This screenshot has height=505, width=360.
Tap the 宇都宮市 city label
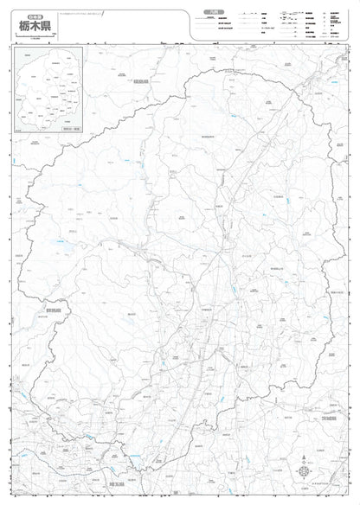[x=206, y=308]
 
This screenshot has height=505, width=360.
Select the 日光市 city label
[x=113, y=218]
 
